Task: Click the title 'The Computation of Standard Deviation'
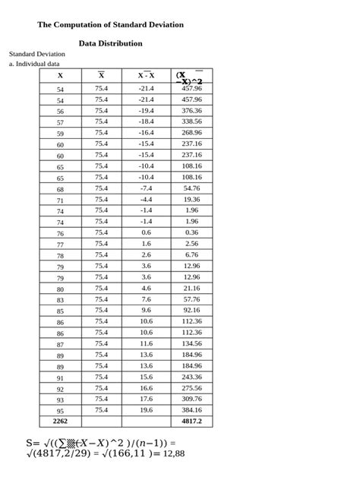[x=110, y=25]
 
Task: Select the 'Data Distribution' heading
[x=110, y=43]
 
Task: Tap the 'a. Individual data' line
[x=34, y=65]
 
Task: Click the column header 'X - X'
[x=146, y=75]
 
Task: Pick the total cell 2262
[x=60, y=421]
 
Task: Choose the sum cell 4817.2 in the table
[x=191, y=421]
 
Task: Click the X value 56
[x=60, y=111]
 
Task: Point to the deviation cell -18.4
[x=146, y=122]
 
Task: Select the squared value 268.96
[x=191, y=132]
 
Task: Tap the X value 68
[x=60, y=189]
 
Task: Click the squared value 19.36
[x=191, y=200]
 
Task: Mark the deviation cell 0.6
[x=146, y=233]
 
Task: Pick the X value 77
[x=60, y=245]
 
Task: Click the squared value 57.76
[x=191, y=299]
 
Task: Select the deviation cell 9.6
[x=146, y=311]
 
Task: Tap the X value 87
[x=60, y=344]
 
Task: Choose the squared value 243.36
[x=191, y=377]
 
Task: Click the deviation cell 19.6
[x=146, y=410]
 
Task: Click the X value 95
[x=60, y=411]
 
